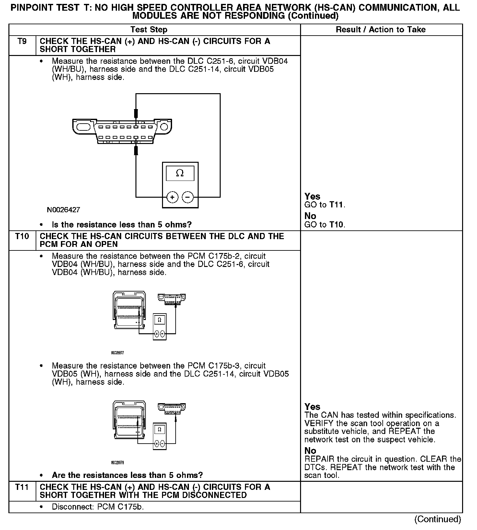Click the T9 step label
pyautogui.click(x=22, y=41)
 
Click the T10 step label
pyautogui.click(x=22, y=236)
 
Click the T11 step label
pyautogui.click(x=22, y=487)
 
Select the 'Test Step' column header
pyautogui.click(x=149, y=30)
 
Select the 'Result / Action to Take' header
pyautogui.click(x=380, y=30)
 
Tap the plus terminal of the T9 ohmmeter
pyautogui.click(x=172, y=197)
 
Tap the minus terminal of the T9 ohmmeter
pyautogui.click(x=188, y=197)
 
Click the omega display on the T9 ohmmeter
pyautogui.click(x=180, y=173)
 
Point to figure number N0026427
pyautogui.click(x=64, y=210)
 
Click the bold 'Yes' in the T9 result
pyautogui.click(x=312, y=196)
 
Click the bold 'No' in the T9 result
pyautogui.click(x=310, y=216)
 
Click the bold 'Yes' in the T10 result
pyautogui.click(x=312, y=407)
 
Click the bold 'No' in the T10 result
pyautogui.click(x=310, y=450)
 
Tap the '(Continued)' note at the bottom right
pyautogui.click(x=437, y=519)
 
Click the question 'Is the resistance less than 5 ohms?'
pyautogui.click(x=122, y=225)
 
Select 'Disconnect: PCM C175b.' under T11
pyautogui.click(x=98, y=507)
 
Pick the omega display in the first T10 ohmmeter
pyautogui.click(x=159, y=320)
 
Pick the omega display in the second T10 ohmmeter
pyautogui.click(x=159, y=429)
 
